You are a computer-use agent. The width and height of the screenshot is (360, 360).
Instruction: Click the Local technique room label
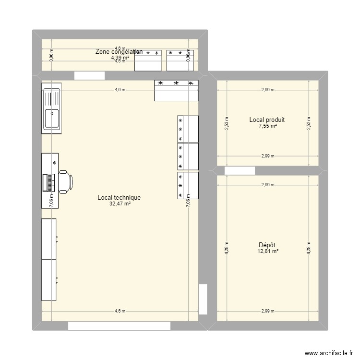pos(119,197)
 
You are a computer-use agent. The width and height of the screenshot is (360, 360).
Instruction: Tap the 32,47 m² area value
pos(120,204)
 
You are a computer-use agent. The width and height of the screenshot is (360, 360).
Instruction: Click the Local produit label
pos(267,120)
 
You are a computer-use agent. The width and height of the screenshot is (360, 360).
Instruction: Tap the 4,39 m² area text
pos(120,58)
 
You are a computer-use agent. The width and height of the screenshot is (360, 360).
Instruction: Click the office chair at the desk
pos(65,181)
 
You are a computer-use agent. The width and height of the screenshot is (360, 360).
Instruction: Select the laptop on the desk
pos(49,182)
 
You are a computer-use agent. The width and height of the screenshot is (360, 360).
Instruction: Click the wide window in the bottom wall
pos(119,326)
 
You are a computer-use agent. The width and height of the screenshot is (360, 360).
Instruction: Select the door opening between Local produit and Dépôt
pos(240,170)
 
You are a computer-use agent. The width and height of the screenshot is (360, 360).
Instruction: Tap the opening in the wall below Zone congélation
pos(89,75)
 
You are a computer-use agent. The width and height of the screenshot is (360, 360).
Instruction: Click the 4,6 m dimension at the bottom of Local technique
pos(120,311)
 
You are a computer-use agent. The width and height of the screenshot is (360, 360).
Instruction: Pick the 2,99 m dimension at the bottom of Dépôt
pos(268,311)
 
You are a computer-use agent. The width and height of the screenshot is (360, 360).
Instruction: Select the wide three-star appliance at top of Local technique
pos(176,90)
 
